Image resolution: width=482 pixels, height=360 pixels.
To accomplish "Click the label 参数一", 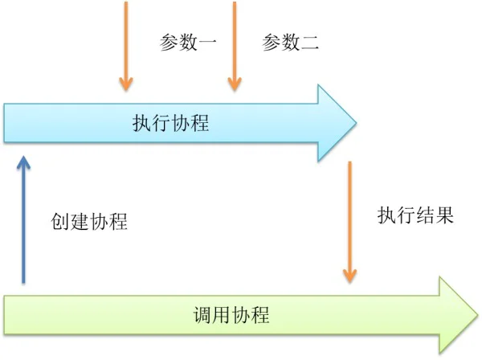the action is click(x=188, y=42).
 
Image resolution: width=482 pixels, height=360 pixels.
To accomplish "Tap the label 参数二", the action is click(x=290, y=42).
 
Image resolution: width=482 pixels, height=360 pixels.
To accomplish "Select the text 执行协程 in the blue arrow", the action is click(x=170, y=123).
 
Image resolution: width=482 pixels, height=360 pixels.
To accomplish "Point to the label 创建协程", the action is click(x=89, y=221).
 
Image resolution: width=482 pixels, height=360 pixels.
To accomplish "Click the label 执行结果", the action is click(x=415, y=215).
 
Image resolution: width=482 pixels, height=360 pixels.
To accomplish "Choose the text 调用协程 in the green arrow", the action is click(x=231, y=314).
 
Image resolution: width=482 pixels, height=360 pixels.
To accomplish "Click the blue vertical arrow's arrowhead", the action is click(x=23, y=162).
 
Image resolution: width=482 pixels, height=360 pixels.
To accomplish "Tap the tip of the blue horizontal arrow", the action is click(x=356, y=123).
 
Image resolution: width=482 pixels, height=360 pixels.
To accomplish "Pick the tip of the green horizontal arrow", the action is click(x=478, y=314).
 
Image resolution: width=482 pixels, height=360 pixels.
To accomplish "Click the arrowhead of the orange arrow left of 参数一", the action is click(x=126, y=84).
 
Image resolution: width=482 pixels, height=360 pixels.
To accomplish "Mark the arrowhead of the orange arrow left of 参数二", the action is click(x=235, y=84).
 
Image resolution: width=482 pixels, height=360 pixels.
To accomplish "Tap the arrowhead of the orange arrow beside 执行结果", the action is click(x=349, y=275).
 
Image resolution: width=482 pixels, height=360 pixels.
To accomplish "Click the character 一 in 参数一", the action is click(x=207, y=42).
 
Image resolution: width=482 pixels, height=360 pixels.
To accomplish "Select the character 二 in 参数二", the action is click(x=309, y=43).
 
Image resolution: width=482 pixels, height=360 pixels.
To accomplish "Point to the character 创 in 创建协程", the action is click(x=60, y=221).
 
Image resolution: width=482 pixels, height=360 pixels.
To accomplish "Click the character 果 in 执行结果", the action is click(x=444, y=215).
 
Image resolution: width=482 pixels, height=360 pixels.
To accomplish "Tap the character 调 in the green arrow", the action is click(x=202, y=314).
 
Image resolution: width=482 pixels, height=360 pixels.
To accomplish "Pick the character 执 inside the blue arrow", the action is click(x=141, y=123).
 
